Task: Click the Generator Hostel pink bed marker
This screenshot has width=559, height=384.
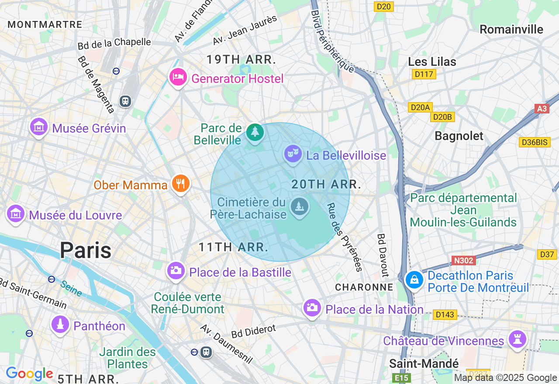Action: tap(178, 78)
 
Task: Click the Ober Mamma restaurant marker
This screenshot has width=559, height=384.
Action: tap(180, 183)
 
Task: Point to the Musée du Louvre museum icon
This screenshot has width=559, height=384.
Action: tap(16, 214)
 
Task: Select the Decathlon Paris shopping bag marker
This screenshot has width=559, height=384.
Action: tap(414, 280)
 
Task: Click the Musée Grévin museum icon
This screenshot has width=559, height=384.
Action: tap(39, 127)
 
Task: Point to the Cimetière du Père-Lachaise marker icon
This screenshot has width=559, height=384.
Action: tap(299, 207)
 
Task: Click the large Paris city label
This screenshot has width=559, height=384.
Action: tap(86, 250)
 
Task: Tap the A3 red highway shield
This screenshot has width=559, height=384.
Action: tap(542, 109)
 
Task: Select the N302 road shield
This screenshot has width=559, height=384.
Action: tap(463, 261)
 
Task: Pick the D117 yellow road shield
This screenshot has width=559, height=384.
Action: tap(424, 74)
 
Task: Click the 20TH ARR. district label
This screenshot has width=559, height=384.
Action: tap(326, 184)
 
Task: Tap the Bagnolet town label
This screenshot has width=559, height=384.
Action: tap(459, 136)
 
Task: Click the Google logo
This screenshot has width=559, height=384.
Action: tap(29, 374)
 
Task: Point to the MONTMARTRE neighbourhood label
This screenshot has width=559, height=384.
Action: tap(45, 24)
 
